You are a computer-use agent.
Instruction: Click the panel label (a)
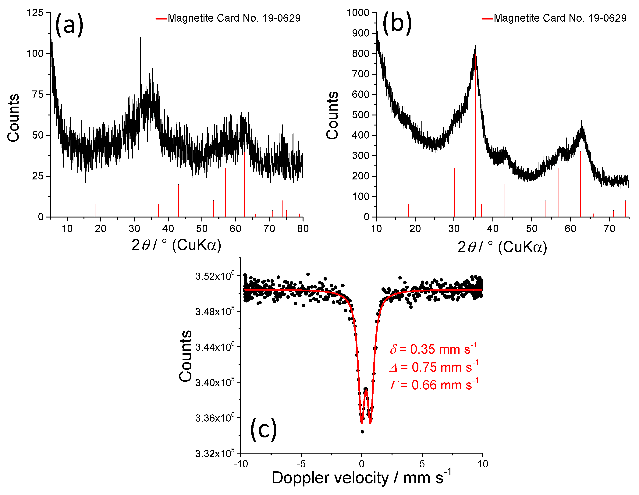pos(69,25)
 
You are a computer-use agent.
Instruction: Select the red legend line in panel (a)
pos(161,19)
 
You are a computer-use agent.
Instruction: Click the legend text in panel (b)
pos(560,18)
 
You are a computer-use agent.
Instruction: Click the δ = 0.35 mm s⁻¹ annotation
pos(433,349)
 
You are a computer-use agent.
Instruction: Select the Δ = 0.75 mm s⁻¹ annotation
pos(434,367)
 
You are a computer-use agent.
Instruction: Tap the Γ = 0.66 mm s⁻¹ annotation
pos(434,385)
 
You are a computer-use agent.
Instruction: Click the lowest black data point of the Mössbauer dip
pos(362,432)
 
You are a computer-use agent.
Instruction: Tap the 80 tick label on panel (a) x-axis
pos(303,228)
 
